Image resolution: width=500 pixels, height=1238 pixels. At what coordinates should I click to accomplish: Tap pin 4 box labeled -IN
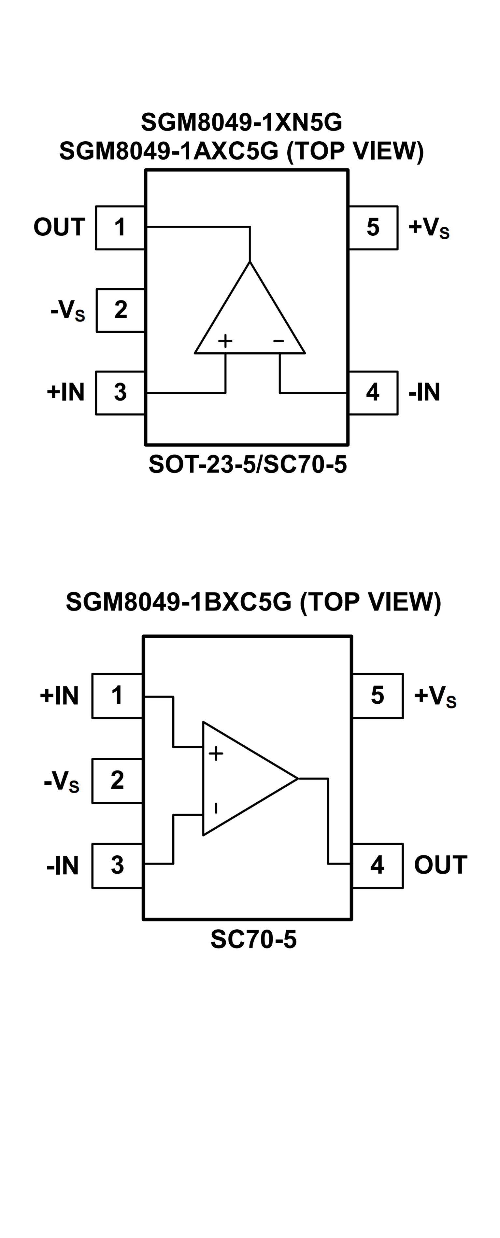(373, 393)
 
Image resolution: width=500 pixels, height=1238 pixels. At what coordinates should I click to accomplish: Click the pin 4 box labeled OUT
(378, 865)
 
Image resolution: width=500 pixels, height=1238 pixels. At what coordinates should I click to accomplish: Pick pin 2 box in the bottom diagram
(117, 781)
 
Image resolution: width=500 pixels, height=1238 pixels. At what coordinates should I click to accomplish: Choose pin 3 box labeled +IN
(120, 393)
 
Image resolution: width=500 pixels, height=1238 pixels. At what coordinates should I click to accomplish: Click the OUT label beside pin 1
(59, 227)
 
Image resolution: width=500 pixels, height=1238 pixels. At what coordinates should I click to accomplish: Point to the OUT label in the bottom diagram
(440, 865)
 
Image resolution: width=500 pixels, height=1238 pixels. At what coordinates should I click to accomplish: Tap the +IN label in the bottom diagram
(59, 696)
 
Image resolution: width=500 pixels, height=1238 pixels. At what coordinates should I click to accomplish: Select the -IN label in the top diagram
(424, 392)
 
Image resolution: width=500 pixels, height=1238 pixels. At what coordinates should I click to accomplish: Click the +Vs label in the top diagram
(428, 227)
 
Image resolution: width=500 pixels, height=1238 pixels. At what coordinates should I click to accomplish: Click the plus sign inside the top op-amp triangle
(225, 341)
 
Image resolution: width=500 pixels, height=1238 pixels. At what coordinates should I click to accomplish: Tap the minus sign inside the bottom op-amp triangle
(216, 809)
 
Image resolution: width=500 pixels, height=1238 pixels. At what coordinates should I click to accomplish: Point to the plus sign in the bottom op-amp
(216, 753)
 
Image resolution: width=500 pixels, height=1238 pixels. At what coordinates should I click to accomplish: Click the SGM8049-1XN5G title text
(241, 122)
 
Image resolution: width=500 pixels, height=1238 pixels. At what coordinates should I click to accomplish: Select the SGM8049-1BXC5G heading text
(253, 602)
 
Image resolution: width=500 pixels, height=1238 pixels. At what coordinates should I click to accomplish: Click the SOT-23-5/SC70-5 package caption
(248, 464)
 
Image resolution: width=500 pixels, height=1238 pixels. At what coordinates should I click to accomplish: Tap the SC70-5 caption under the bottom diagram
(253, 939)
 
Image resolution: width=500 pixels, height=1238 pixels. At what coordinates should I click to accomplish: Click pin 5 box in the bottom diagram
(378, 696)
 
